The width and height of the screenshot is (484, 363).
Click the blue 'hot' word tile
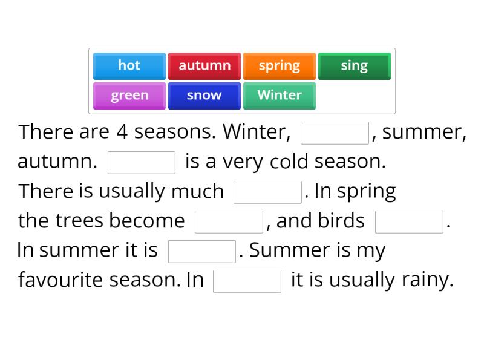pos(129,66)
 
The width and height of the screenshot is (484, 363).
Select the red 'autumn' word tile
pos(204,66)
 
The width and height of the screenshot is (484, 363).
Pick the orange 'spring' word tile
pos(279,66)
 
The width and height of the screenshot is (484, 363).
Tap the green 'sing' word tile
pos(354,66)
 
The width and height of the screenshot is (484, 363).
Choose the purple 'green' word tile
pos(129,96)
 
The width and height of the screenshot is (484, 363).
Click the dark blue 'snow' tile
pos(204,96)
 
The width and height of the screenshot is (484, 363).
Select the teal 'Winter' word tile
pos(279,96)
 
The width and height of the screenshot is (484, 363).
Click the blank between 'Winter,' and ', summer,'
pos(335,133)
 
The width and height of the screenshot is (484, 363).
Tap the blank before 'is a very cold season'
pos(142,163)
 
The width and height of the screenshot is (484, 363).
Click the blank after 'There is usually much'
pos(267,192)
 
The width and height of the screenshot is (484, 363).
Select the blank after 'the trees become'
pos(229,222)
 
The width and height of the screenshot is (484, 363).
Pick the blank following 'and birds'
pos(409,222)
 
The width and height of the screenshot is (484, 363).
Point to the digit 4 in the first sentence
pos(122,132)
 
